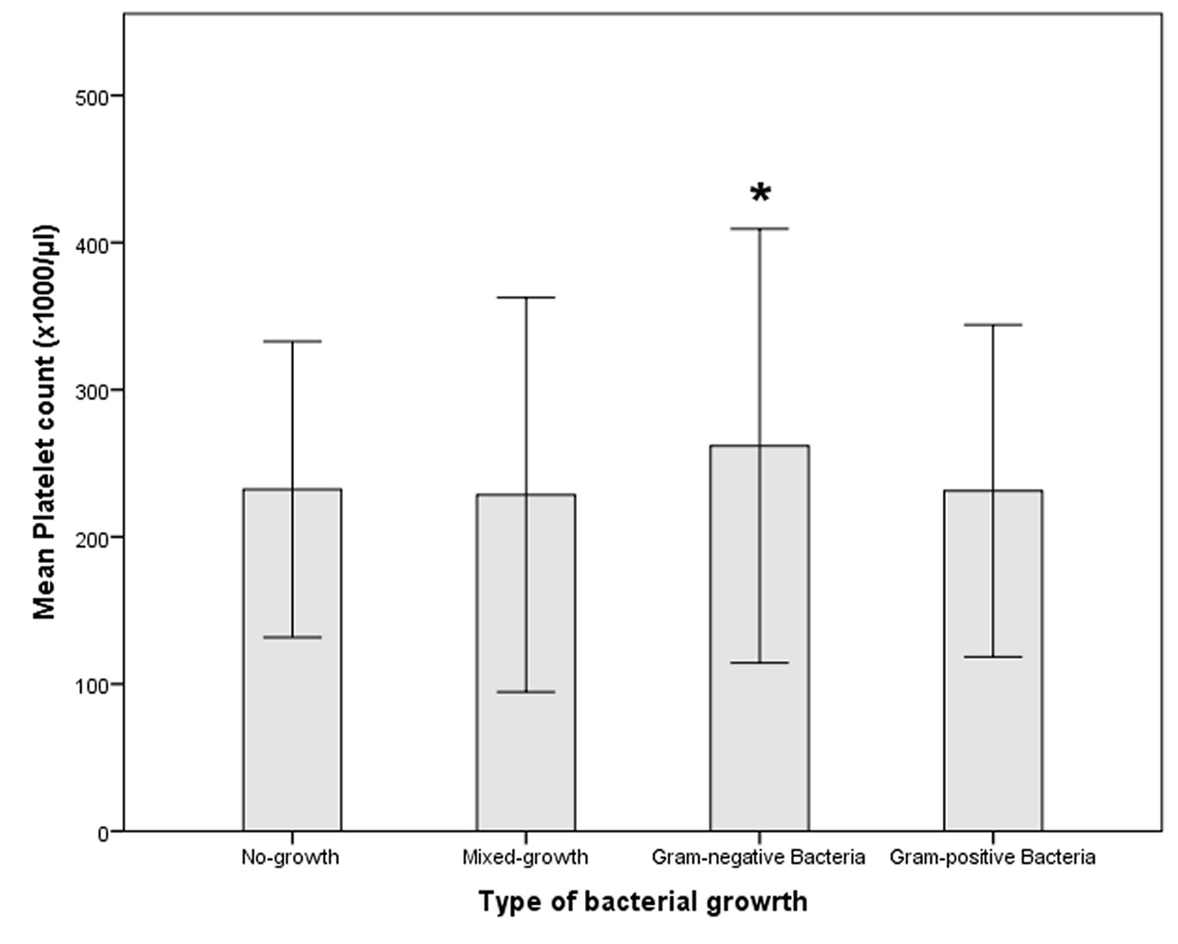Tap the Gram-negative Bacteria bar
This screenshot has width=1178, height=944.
[760, 731]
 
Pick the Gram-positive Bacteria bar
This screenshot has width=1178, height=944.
[993, 731]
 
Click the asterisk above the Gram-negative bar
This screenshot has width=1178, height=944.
[760, 193]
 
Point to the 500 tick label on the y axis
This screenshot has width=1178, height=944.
[91, 96]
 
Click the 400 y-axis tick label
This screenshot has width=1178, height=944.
[91, 243]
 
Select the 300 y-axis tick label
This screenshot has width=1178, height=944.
[91, 390]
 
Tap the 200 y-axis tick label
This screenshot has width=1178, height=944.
[91, 538]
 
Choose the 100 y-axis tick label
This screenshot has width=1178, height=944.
[91, 685]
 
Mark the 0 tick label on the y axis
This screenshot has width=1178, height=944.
[102, 832]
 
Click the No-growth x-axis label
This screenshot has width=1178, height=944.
[290, 857]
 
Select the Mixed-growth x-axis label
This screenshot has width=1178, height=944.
[525, 857]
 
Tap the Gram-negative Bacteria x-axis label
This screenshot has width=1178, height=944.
[759, 857]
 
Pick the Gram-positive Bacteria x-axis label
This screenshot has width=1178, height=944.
[993, 857]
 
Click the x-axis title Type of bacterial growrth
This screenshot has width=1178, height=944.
[643, 902]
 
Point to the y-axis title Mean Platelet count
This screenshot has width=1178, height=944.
[45, 423]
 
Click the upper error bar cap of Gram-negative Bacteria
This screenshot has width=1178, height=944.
[760, 229]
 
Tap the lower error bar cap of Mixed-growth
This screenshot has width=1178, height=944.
[526, 692]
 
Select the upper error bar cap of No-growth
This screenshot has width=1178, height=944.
[293, 341]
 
